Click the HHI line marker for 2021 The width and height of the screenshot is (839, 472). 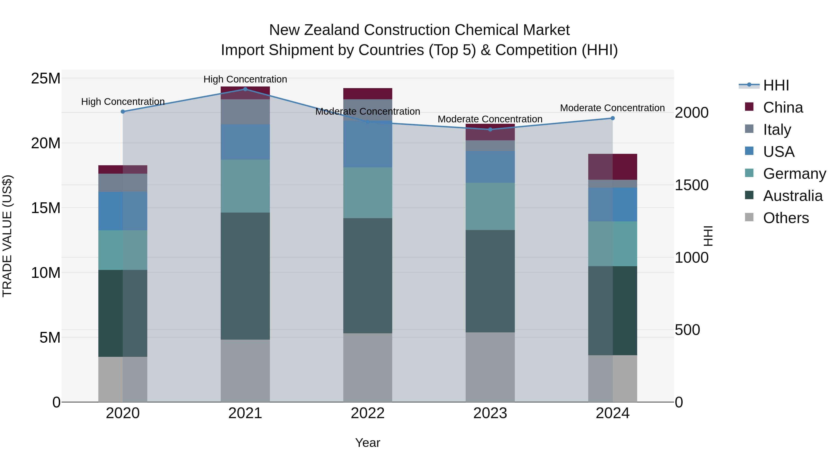click(x=245, y=89)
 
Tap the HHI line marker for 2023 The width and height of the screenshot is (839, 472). click(x=490, y=130)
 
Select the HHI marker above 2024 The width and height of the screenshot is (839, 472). click(x=613, y=118)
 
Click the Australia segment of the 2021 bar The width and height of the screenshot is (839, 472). click(x=245, y=276)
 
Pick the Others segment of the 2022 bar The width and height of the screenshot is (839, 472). click(x=368, y=367)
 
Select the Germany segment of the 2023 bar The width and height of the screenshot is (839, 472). click(x=490, y=207)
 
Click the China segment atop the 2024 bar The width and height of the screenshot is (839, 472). click(x=613, y=167)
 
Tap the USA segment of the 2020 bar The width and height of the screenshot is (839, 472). click(x=123, y=211)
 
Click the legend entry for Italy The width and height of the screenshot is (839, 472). click(x=777, y=130)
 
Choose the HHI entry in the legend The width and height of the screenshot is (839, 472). click(x=776, y=85)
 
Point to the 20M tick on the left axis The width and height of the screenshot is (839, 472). click(x=46, y=143)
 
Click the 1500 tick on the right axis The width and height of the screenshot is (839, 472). click(x=691, y=185)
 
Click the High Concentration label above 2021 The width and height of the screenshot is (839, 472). click(x=245, y=79)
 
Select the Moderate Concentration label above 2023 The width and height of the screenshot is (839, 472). click(x=490, y=119)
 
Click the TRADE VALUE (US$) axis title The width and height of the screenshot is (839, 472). click(x=7, y=236)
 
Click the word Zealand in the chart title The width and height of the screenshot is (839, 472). click(x=330, y=30)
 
